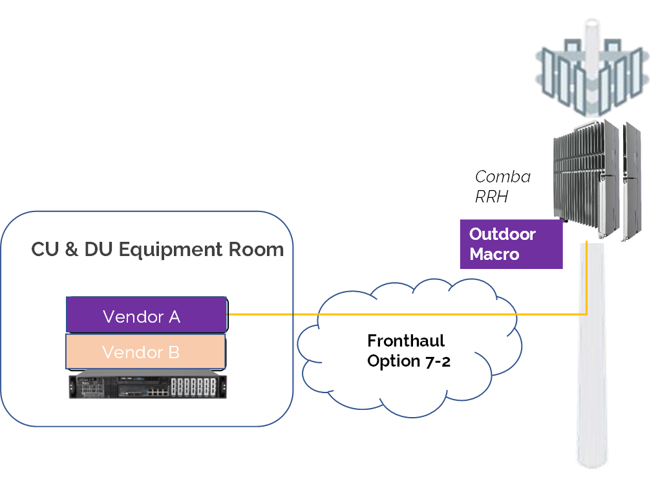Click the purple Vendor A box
point(146,314)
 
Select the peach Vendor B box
point(145,351)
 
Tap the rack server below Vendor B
point(148,384)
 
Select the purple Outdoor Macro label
point(511,244)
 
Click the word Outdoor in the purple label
point(502,234)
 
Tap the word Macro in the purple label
point(494,254)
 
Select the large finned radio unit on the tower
point(585,175)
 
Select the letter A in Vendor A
point(174,317)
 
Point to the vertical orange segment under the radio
point(586,278)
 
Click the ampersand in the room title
point(72,250)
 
